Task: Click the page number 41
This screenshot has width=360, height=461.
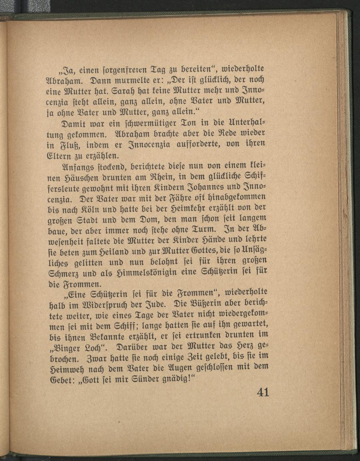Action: tap(263, 392)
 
